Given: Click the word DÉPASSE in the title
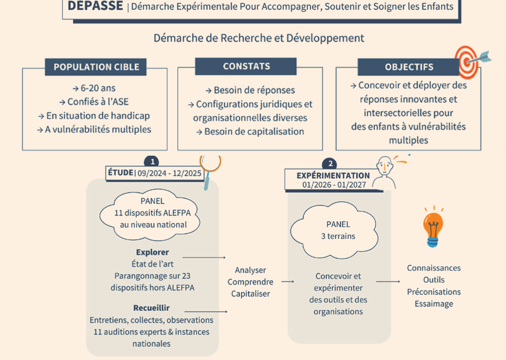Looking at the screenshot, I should tap(95, 6).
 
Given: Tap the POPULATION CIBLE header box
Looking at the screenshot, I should tap(96, 67).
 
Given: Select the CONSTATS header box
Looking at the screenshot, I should tap(246, 66).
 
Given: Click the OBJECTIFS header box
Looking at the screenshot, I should tap(409, 67).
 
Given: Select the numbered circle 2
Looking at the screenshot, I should tap(331, 164).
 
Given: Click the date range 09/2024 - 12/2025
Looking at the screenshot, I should tap(170, 173).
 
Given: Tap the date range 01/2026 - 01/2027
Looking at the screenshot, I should tap(333, 185).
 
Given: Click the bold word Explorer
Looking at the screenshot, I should tap(152, 252).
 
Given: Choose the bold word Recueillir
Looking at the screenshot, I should tap(152, 308).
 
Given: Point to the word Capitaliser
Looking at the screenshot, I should tap(250, 293).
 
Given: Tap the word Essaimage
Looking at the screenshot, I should tap(434, 304).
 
